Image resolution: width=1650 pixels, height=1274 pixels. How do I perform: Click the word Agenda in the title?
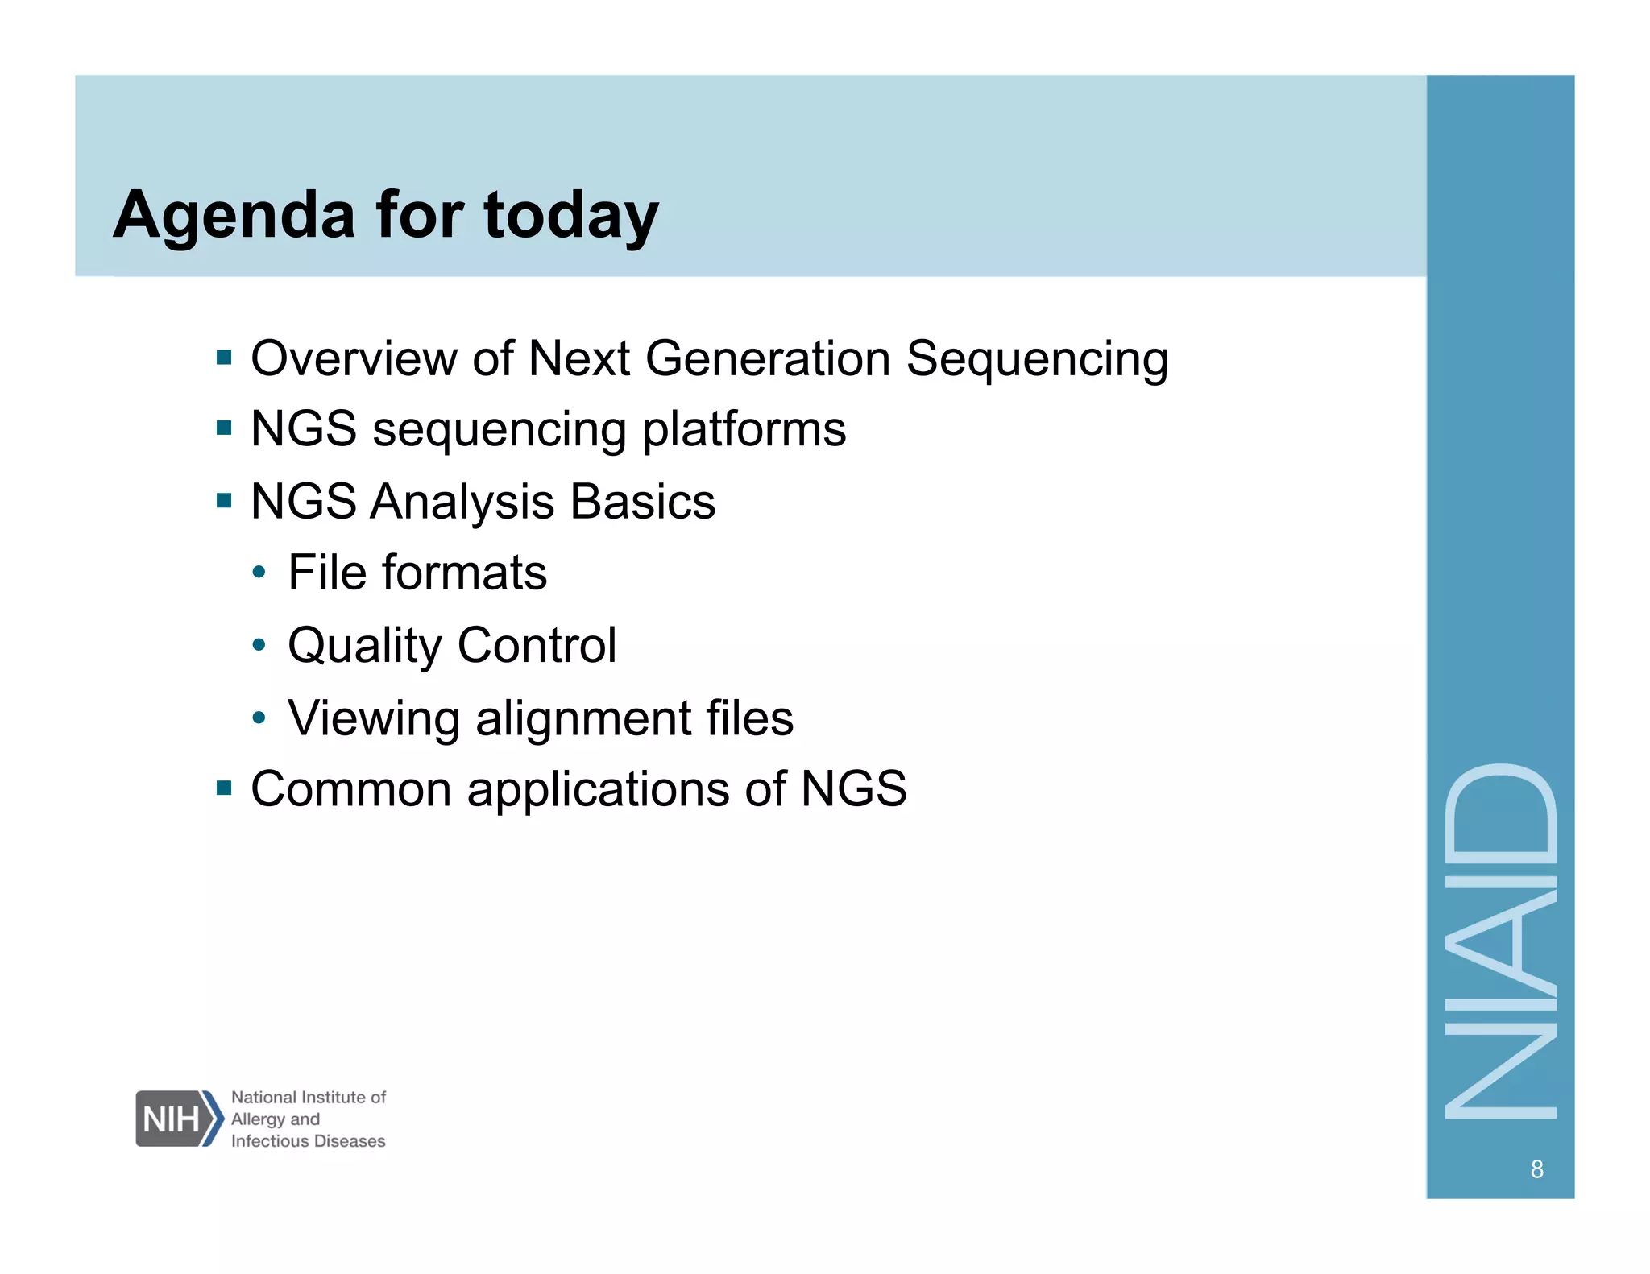[x=234, y=216]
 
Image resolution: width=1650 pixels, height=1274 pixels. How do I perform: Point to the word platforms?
[x=744, y=429]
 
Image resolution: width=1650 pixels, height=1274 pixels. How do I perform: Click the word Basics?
[x=642, y=501]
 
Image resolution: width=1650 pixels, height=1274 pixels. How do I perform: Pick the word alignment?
[x=582, y=718]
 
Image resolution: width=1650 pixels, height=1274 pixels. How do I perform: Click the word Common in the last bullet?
[x=350, y=788]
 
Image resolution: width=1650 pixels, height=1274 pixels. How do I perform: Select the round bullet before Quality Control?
[x=259, y=645]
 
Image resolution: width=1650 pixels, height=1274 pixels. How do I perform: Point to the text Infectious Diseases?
[x=308, y=1141]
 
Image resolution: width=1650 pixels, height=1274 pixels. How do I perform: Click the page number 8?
[x=1536, y=1169]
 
